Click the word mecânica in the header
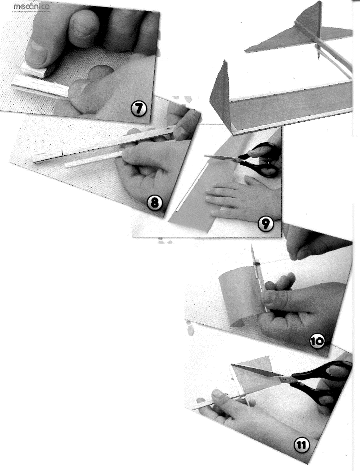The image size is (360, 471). coord(31,6)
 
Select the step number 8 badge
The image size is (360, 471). coord(155,204)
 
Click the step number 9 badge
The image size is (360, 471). coord(266,225)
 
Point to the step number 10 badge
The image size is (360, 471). coord(317,342)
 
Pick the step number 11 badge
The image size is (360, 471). coord(301,446)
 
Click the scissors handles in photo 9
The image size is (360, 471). coord(263,159)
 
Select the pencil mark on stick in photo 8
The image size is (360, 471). coord(61,153)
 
